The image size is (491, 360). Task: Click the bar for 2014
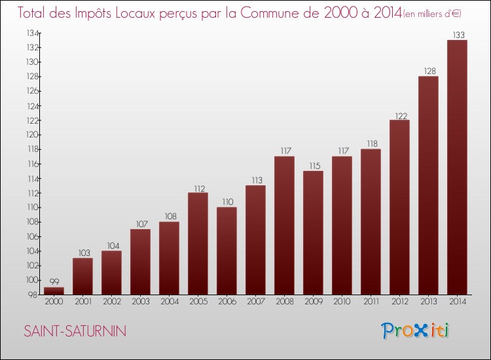[457, 167]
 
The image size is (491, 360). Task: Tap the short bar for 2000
[54, 291]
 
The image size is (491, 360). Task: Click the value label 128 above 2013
[428, 71]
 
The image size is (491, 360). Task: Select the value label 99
[54, 282]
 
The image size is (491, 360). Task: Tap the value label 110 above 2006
[227, 202]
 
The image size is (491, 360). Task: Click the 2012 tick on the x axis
[399, 301]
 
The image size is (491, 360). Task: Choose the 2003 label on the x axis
[140, 301]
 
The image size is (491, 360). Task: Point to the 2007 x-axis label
[255, 301]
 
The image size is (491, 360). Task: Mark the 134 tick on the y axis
[31, 33]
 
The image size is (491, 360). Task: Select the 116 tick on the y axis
[31, 164]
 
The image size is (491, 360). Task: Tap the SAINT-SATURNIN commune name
[75, 331]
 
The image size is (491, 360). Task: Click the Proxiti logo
[416, 331]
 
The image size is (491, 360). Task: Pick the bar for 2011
[371, 222]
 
